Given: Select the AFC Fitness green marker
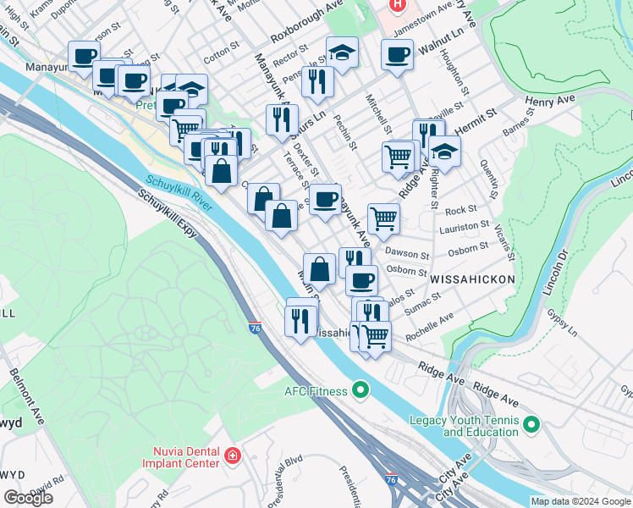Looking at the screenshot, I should pos(361,390).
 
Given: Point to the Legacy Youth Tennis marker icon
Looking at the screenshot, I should pos(531,424).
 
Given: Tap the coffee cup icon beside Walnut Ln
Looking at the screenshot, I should pos(397,56).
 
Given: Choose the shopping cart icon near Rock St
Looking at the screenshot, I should pos(384,218).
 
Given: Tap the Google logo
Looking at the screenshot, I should pos(29,498).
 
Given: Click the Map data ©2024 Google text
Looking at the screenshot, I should pos(581,501).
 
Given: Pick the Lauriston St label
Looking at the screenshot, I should pos(465,227).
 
